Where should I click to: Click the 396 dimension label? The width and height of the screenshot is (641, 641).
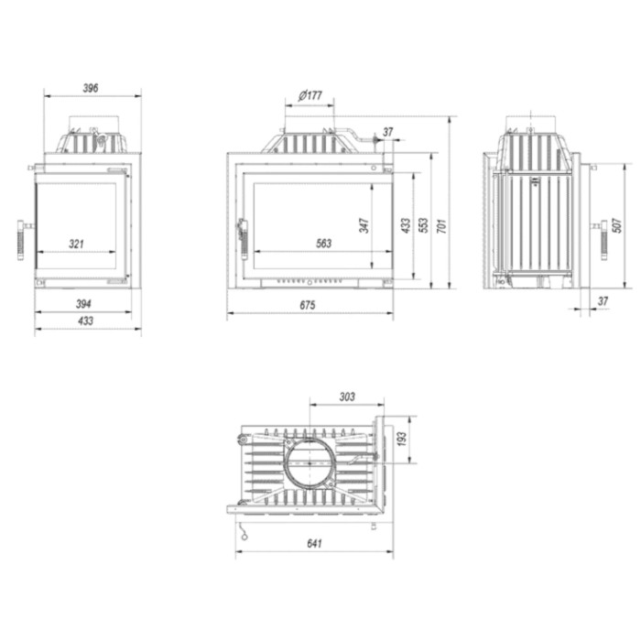coord(91,88)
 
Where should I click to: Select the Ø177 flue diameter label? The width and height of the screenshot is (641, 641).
coord(310,95)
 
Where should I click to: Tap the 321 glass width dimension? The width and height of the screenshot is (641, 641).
coord(76,244)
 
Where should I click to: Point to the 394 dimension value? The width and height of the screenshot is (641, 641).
coord(83,304)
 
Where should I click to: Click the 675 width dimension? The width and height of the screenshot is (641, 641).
coord(308,305)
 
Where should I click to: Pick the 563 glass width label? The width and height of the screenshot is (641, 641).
coord(323,244)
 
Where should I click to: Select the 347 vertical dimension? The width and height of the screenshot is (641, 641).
coord(364,225)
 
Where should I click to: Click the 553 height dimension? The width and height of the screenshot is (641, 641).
coord(423,225)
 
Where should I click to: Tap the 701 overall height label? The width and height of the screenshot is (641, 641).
coord(441,226)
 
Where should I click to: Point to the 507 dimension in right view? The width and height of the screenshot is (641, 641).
coord(617,225)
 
